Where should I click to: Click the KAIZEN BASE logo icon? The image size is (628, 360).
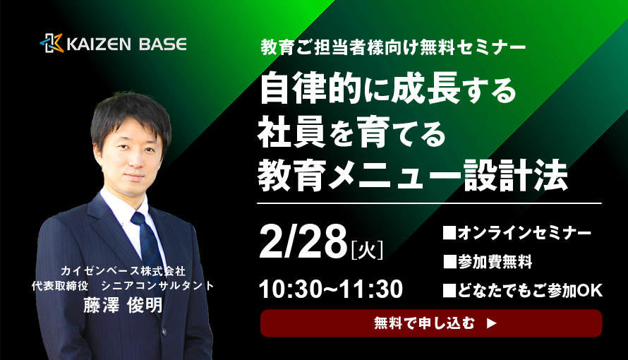(x=52, y=43)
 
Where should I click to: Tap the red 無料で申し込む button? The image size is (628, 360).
(x=431, y=323)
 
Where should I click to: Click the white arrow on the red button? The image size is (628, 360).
(x=492, y=323)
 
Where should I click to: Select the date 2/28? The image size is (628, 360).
(x=303, y=242)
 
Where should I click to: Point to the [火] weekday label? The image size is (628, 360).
(x=366, y=249)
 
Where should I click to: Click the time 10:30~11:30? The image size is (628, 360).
(x=331, y=289)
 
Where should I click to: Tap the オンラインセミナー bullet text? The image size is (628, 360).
(x=517, y=233)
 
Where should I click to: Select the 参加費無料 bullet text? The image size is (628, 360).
(x=488, y=262)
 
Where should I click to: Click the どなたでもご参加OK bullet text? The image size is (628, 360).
(x=523, y=291)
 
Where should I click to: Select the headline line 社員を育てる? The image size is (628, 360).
(x=352, y=133)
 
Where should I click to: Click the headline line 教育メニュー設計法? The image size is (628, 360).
(x=413, y=175)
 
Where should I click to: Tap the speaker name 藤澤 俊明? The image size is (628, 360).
(x=123, y=306)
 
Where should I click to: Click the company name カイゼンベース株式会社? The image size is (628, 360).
(x=123, y=271)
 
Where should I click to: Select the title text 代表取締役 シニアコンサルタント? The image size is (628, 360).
(x=123, y=285)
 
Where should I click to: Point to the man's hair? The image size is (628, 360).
(x=131, y=116)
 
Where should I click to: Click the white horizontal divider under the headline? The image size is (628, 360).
(x=429, y=203)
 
